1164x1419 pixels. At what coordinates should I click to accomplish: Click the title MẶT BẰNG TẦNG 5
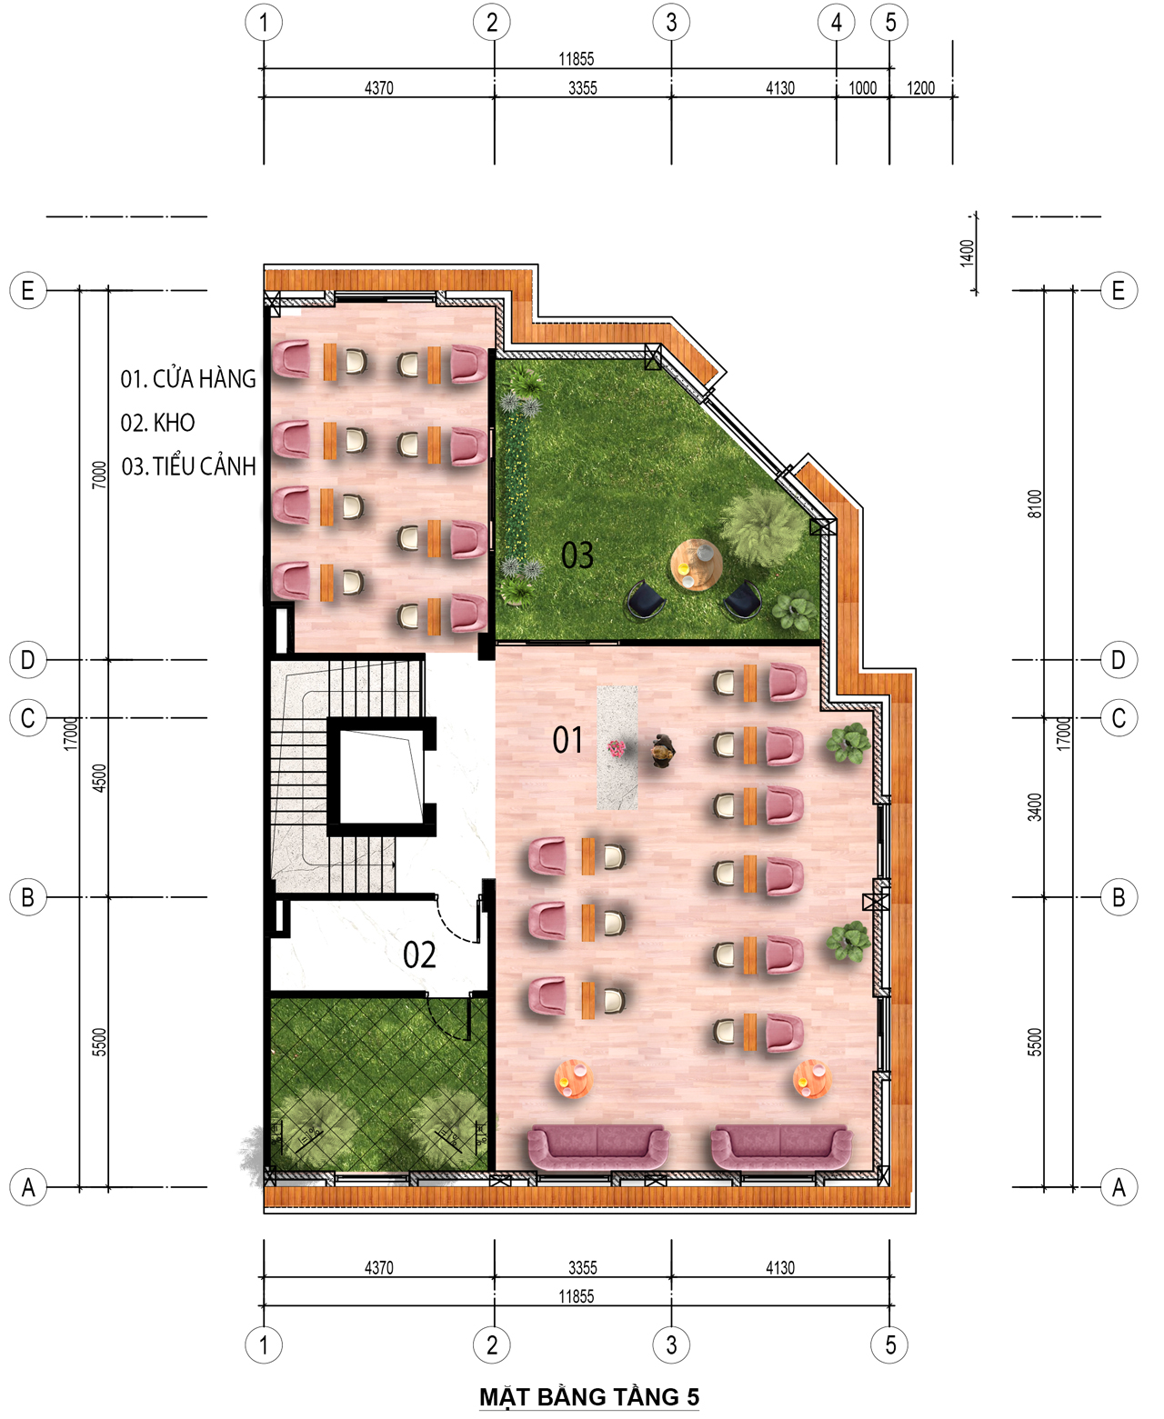pos(589,1396)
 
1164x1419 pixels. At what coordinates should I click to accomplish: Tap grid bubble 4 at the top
pos(836,23)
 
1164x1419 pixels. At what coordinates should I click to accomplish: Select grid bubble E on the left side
pos(28,291)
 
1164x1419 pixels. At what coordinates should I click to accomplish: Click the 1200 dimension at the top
pos(920,88)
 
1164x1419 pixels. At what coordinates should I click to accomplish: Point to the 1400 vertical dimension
pos(968,253)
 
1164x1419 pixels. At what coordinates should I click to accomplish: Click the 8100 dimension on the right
pos(1035,504)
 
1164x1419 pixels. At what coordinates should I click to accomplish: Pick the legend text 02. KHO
pos(157,423)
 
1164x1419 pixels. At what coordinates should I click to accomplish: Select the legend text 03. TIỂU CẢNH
pos(188,465)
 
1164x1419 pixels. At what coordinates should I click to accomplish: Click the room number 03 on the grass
pos(577,555)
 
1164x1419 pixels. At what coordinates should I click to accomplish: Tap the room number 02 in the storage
pos(418,955)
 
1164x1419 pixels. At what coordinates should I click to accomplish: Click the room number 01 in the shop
pos(567,740)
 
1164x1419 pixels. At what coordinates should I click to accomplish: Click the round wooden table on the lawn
pos(696,565)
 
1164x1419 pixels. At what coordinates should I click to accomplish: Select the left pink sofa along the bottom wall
pos(597,1148)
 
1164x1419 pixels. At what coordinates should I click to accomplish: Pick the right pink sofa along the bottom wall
pos(782,1148)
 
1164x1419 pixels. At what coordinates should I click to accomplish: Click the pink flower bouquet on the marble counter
pos(616,748)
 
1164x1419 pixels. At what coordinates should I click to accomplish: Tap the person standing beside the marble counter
pos(662,750)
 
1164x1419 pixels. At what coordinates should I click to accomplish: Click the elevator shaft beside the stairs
pos(382,776)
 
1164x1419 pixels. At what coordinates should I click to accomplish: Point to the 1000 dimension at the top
pos(862,88)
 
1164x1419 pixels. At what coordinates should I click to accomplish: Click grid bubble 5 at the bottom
pos(890,1345)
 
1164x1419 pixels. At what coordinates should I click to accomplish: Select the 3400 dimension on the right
pos(1035,807)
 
